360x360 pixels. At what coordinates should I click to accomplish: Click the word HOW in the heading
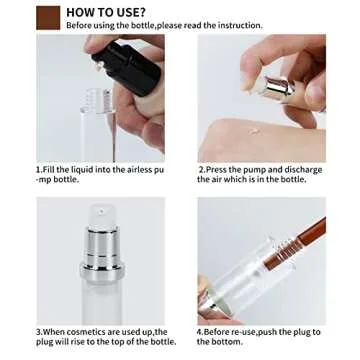click(82, 12)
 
